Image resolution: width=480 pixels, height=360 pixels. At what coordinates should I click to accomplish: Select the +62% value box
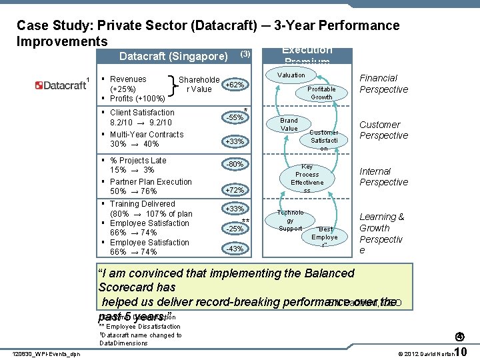pyautogui.click(x=235, y=85)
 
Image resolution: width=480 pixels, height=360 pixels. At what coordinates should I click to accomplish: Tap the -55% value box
pyautogui.click(x=235, y=117)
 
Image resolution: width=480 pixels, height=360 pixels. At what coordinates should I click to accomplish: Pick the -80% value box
pyautogui.click(x=235, y=164)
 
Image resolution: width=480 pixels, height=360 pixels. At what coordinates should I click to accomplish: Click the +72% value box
pyautogui.click(x=235, y=190)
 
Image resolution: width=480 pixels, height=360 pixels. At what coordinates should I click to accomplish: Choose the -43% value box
pyautogui.click(x=235, y=249)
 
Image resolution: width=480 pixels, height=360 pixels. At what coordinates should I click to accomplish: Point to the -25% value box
pyautogui.click(x=235, y=229)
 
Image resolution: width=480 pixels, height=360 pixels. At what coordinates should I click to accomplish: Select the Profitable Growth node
pyautogui.click(x=321, y=93)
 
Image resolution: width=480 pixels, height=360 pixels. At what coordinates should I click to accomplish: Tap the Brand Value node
pyautogui.click(x=289, y=125)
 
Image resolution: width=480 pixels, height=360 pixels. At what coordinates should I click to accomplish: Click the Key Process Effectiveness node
pyautogui.click(x=307, y=179)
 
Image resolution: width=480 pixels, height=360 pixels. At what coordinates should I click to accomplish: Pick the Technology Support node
pyautogui.click(x=290, y=221)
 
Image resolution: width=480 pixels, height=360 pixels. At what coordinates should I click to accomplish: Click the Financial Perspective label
pyautogui.click(x=383, y=84)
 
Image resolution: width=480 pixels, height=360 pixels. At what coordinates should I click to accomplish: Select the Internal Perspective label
pyautogui.click(x=383, y=177)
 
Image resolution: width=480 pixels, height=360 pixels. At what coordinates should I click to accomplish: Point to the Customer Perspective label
pyautogui.click(x=383, y=130)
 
